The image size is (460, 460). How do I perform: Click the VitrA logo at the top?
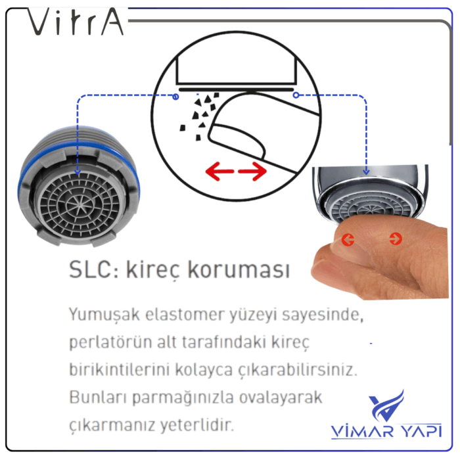[x=75, y=22]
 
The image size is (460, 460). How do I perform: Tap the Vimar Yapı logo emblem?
[x=386, y=405]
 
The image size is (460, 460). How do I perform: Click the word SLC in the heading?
[x=91, y=269]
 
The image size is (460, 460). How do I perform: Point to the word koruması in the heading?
[x=239, y=269]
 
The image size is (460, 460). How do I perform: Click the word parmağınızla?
[x=183, y=398]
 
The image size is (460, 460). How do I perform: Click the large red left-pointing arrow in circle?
[x=219, y=171]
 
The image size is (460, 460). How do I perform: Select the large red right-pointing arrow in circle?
[x=252, y=171]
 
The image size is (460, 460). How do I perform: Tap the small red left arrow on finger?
[x=348, y=240]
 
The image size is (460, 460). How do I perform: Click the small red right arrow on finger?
[x=396, y=239]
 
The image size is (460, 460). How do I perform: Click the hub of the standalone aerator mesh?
[x=80, y=204]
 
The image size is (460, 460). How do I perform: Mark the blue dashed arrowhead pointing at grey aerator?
[x=78, y=172]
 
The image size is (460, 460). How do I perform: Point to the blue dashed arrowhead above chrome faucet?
[x=366, y=172]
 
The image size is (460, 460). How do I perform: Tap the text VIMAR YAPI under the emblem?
[x=386, y=431]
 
